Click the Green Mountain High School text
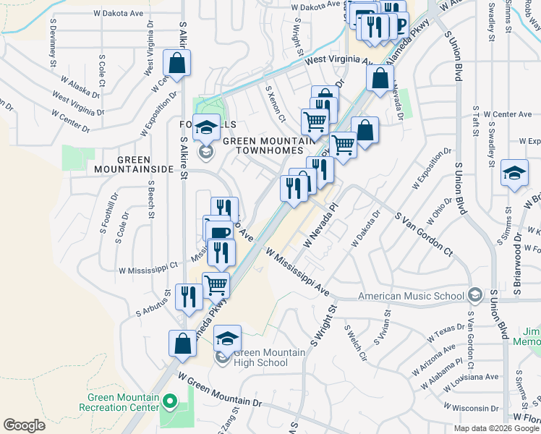260,357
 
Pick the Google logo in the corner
24,425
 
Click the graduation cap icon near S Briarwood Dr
514,174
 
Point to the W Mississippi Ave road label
297,272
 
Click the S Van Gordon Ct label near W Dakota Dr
423,235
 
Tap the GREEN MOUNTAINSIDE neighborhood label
133,164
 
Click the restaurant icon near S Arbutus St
187,297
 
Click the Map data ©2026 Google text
495,428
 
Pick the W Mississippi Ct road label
148,268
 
